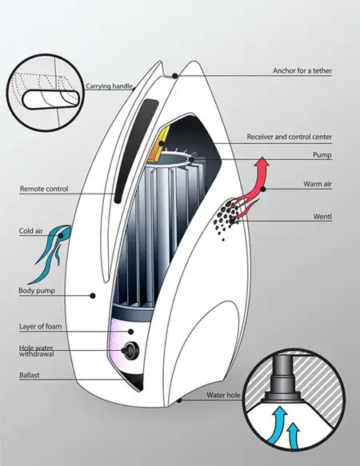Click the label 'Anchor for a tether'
pos(302,70)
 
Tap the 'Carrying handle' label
pos(109,86)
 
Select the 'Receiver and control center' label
pos(289,137)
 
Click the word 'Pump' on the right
pos(322,155)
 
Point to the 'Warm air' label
pos(318,184)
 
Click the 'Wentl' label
pos(322,217)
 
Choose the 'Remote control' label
pos(44,189)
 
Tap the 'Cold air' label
pos(31,231)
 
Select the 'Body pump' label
pos(37,290)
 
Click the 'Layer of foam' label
pos(41,326)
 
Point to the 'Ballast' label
pos(30,375)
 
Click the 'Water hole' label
pos(223,396)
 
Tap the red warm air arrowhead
pos(262,163)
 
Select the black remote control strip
pos(135,150)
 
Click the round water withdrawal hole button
pos(130,350)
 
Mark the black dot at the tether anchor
pos(175,76)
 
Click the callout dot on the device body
pos(93,296)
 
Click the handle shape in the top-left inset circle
pos(51,99)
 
